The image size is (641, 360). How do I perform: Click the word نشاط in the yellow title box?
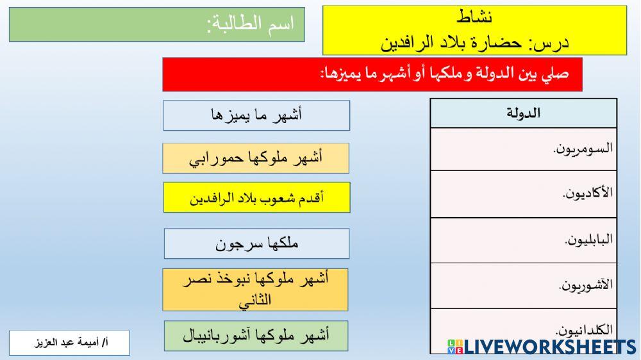[476, 17]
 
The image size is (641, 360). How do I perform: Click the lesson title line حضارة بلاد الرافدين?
[476, 44]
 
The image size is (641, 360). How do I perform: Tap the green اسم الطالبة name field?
[157, 25]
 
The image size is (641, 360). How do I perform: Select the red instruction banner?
[373, 74]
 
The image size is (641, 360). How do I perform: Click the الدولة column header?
[523, 113]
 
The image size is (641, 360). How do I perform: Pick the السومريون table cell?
[523, 149]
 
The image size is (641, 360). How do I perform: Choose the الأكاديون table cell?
[523, 194]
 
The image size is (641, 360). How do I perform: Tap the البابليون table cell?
[523, 240]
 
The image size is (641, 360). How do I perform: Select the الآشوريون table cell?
[523, 285]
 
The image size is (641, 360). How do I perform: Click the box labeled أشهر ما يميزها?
[256, 115]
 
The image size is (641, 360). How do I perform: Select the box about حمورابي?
[256, 158]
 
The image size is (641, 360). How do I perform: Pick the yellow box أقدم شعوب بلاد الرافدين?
[256, 197]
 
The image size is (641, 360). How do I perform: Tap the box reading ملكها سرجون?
[256, 243]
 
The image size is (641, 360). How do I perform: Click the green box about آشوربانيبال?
[256, 336]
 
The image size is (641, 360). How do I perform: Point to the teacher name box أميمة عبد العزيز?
[70, 343]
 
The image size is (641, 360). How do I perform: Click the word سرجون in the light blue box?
[238, 243]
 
